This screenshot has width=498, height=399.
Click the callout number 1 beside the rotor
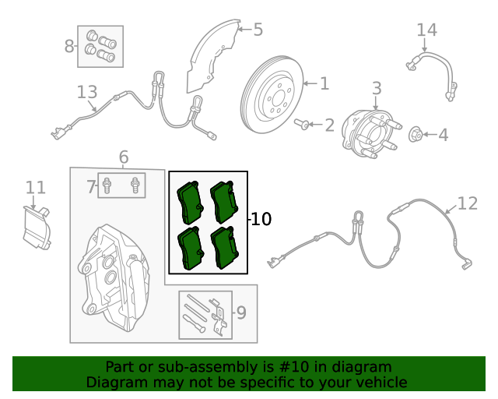[324, 83]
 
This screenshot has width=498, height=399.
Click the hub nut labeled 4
[416, 136]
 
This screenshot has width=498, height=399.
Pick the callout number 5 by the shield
[258, 30]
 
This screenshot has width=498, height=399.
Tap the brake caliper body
[109, 273]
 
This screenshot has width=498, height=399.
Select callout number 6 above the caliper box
[124, 157]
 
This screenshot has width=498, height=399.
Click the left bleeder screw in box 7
[108, 186]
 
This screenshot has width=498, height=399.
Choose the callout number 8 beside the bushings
[69, 47]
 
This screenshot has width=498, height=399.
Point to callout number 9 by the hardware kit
[241, 313]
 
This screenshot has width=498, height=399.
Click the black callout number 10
[261, 220]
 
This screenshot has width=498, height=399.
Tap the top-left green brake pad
[189, 202]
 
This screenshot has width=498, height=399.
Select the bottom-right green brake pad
[226, 248]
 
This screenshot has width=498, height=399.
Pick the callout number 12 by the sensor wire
[467, 203]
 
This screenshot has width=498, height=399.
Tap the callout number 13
[87, 92]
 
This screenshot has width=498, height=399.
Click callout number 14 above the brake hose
[426, 30]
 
